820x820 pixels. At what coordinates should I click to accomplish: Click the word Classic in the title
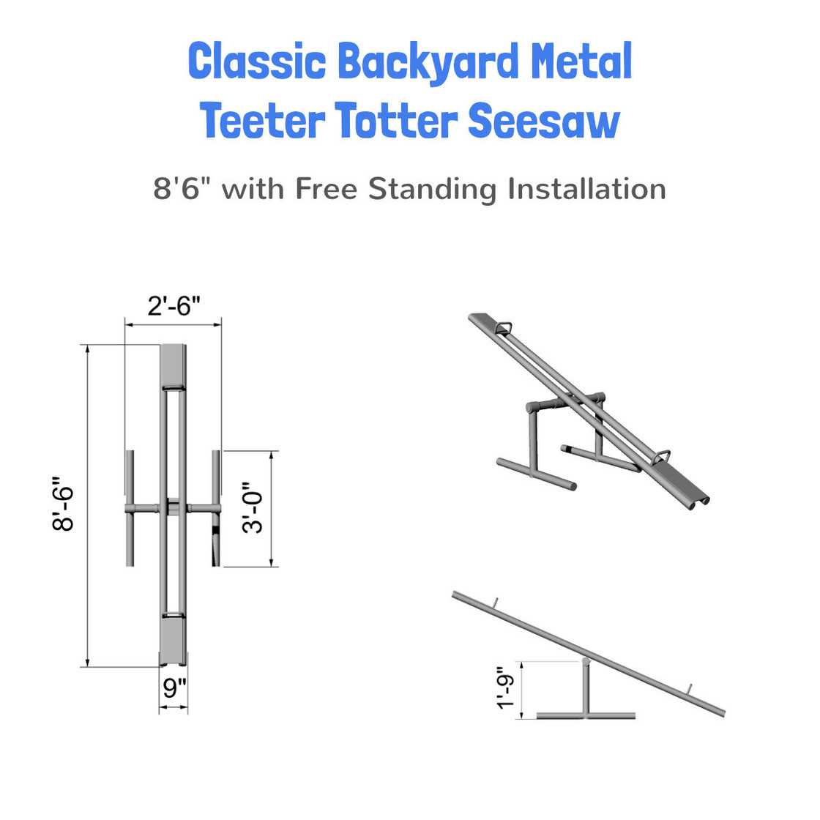tap(257, 61)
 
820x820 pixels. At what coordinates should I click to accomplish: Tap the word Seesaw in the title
tap(544, 121)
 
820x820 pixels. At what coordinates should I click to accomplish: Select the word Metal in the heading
tap(581, 61)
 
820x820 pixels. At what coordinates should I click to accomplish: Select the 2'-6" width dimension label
tap(174, 305)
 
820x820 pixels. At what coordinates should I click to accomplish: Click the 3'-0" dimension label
tap(253, 507)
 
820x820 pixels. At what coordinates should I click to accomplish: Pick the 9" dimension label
tap(174, 689)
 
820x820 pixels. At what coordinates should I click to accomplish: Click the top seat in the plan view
tap(174, 364)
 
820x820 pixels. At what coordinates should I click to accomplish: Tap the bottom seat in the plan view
tap(174, 640)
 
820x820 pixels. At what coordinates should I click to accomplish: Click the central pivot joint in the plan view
tap(174, 507)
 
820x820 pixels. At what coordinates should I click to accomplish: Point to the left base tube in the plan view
tap(130, 507)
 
